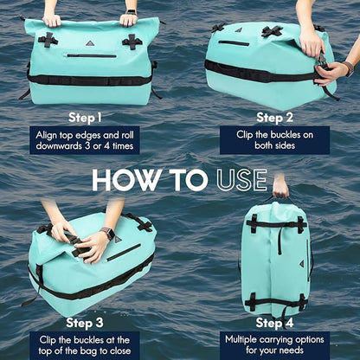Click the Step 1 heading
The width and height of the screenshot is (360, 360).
click(x=85, y=118)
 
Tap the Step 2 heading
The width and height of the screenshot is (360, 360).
click(x=274, y=118)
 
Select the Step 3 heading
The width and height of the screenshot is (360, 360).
click(x=85, y=323)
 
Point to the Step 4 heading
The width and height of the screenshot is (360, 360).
click(x=274, y=323)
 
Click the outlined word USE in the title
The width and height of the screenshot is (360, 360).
click(x=241, y=180)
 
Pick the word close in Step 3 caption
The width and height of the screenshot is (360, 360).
click(x=119, y=350)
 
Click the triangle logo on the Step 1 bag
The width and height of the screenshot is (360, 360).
click(x=90, y=43)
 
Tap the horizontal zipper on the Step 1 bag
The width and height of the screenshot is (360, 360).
click(x=92, y=55)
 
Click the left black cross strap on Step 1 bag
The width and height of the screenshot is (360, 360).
click(x=48, y=40)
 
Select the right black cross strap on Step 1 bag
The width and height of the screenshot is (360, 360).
click(x=132, y=42)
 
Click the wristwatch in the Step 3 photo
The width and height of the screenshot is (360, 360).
click(x=108, y=233)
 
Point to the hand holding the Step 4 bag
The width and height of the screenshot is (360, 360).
click(x=280, y=187)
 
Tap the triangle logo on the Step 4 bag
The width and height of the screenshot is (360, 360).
click(x=302, y=264)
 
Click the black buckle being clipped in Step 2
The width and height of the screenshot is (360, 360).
click(x=324, y=62)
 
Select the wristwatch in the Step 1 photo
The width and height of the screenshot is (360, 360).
click(x=132, y=12)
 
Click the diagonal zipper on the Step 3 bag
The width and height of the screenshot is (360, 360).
click(x=124, y=253)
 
